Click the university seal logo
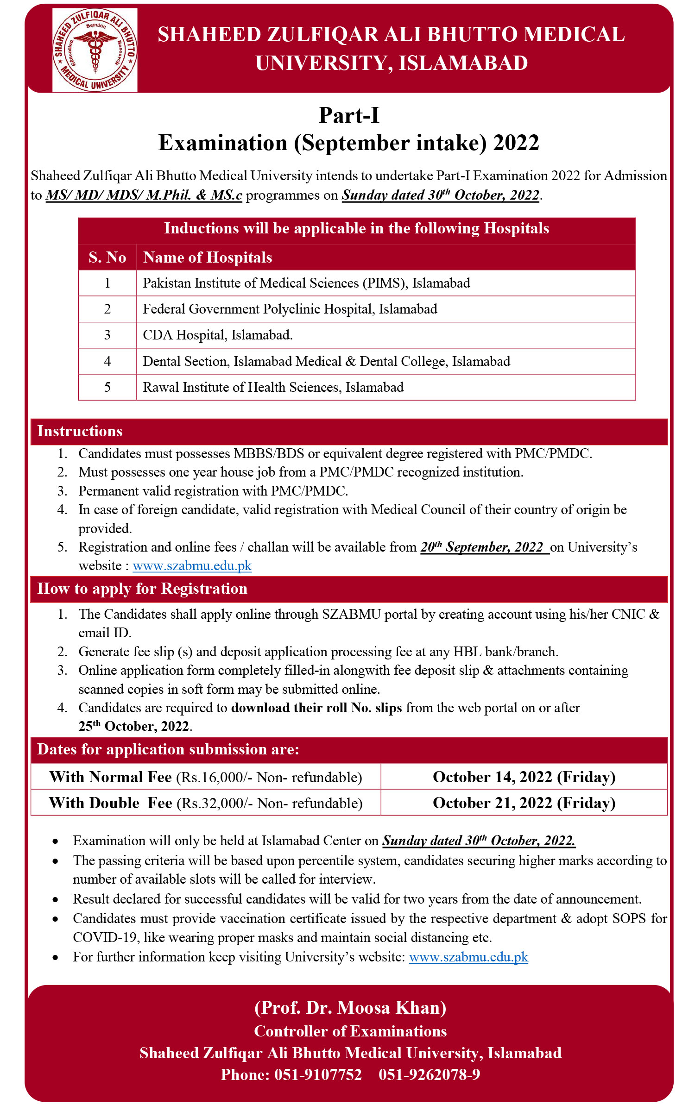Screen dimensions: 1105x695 pyautogui.click(x=95, y=50)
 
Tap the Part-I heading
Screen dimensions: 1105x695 pyautogui.click(x=349, y=115)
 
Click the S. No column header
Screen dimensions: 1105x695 pyautogui.click(x=107, y=257)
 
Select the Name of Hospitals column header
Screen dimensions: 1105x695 pyautogui.click(x=208, y=257)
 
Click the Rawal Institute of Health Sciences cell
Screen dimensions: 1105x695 pyautogui.click(x=273, y=387)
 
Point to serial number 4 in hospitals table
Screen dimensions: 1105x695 pyautogui.click(x=107, y=361)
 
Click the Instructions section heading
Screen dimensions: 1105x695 pyautogui.click(x=80, y=431)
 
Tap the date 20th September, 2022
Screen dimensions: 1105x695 pyautogui.click(x=482, y=547)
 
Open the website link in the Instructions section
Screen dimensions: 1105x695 pyautogui.click(x=192, y=566)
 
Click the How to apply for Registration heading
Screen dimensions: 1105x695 pyautogui.click(x=142, y=589)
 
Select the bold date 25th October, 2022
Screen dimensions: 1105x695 pyautogui.click(x=134, y=726)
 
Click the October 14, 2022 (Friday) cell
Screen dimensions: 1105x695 pyautogui.click(x=524, y=777)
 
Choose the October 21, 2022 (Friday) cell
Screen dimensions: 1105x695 pyautogui.click(x=524, y=803)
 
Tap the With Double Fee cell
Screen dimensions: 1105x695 pyautogui.click(x=206, y=803)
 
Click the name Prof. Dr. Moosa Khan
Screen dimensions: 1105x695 pyautogui.click(x=350, y=1008)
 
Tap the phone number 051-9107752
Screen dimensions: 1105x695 pyautogui.click(x=318, y=1074)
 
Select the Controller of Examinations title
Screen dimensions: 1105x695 pyautogui.click(x=350, y=1031)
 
